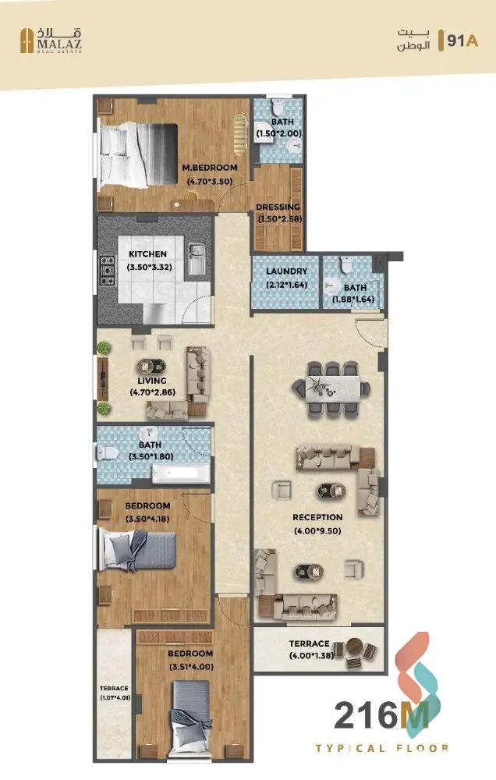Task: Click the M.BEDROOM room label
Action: pos(208,168)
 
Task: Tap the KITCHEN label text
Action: pos(147,255)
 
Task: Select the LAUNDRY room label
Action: pos(286,272)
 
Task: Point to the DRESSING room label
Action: pos(278,207)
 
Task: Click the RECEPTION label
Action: pos(317,517)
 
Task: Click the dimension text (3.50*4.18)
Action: pos(147,519)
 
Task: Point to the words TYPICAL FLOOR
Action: pos(381,748)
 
